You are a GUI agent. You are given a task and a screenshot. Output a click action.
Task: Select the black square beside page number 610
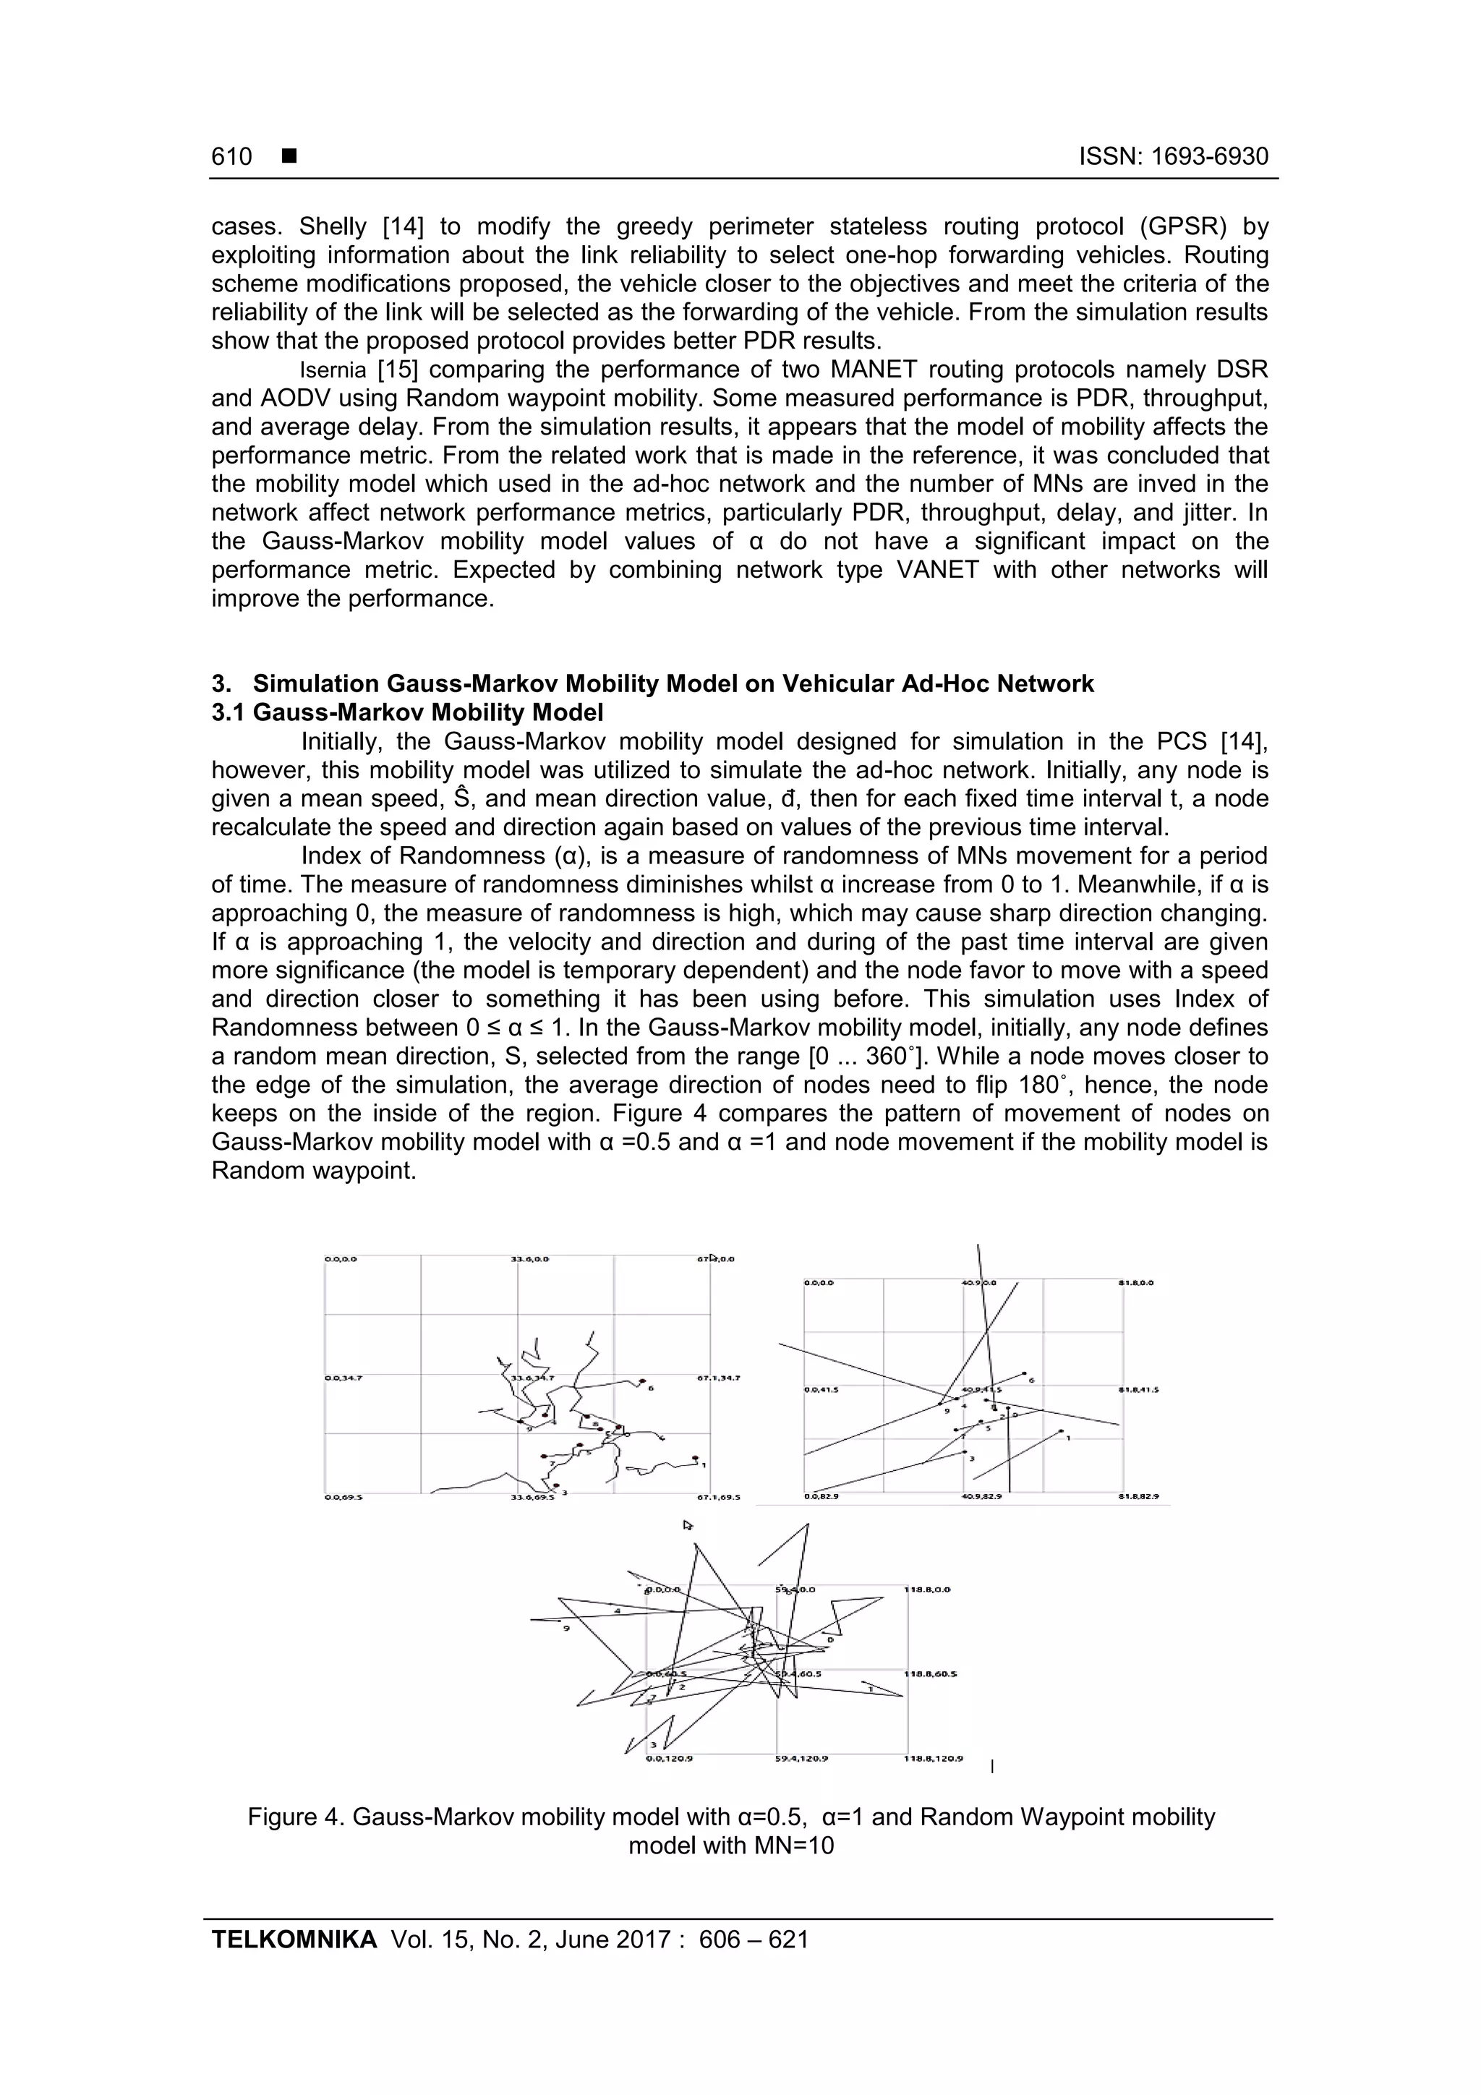click(x=289, y=157)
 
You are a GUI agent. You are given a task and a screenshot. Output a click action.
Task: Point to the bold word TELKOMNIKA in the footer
click(x=294, y=1963)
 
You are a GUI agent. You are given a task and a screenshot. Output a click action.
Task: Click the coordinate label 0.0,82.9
click(x=821, y=1498)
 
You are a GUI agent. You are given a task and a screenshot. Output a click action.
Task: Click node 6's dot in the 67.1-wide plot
click(x=642, y=1380)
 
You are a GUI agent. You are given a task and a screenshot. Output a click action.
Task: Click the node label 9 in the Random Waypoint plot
click(x=567, y=1628)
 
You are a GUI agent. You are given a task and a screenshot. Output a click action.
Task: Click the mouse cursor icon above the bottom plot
click(x=688, y=1524)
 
